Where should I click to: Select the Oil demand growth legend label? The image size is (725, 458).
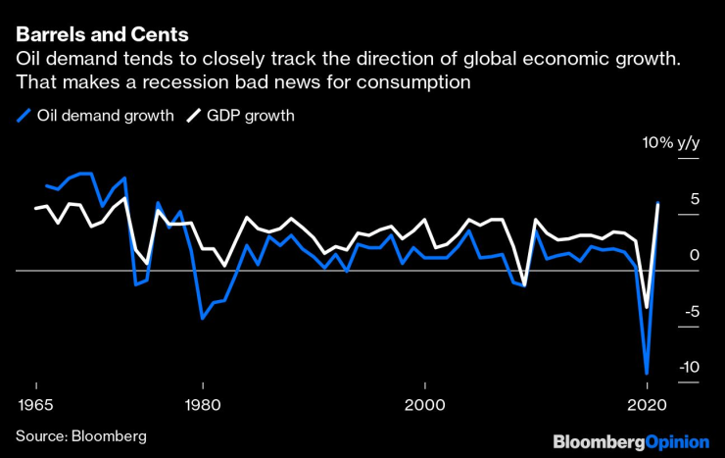(x=105, y=116)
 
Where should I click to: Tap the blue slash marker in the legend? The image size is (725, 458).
(x=24, y=116)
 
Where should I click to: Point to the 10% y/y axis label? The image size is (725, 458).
(x=671, y=143)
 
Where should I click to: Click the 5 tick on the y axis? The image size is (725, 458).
(x=694, y=199)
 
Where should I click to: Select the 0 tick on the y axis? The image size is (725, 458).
(x=694, y=255)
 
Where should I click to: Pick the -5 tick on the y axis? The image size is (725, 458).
(x=691, y=312)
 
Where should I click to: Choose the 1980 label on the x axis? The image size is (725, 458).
(x=202, y=404)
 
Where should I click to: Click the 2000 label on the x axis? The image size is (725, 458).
(x=424, y=404)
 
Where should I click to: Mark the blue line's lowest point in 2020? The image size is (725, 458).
(x=647, y=374)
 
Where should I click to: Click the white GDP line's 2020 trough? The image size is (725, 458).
(x=647, y=308)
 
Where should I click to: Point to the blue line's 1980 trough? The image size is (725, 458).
(x=202, y=318)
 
